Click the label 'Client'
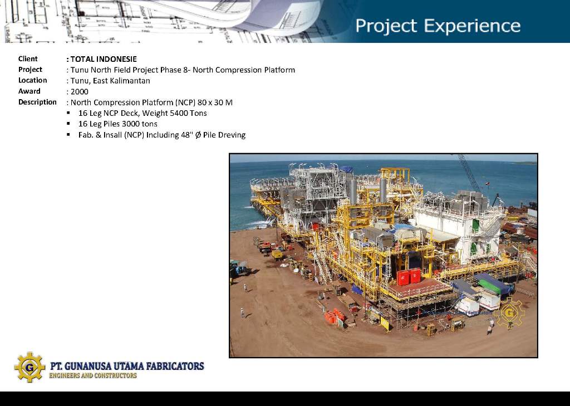click(x=28, y=59)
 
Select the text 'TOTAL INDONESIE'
click(x=104, y=59)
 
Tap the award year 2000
click(x=80, y=92)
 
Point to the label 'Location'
click(x=33, y=80)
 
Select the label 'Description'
click(x=37, y=102)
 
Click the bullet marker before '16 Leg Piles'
click(x=68, y=124)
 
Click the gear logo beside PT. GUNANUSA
click(x=30, y=367)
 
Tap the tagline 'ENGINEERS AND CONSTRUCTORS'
click(x=93, y=375)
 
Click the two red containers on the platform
click(x=409, y=277)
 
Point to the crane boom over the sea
click(x=469, y=173)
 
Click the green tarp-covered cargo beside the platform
click(x=493, y=283)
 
